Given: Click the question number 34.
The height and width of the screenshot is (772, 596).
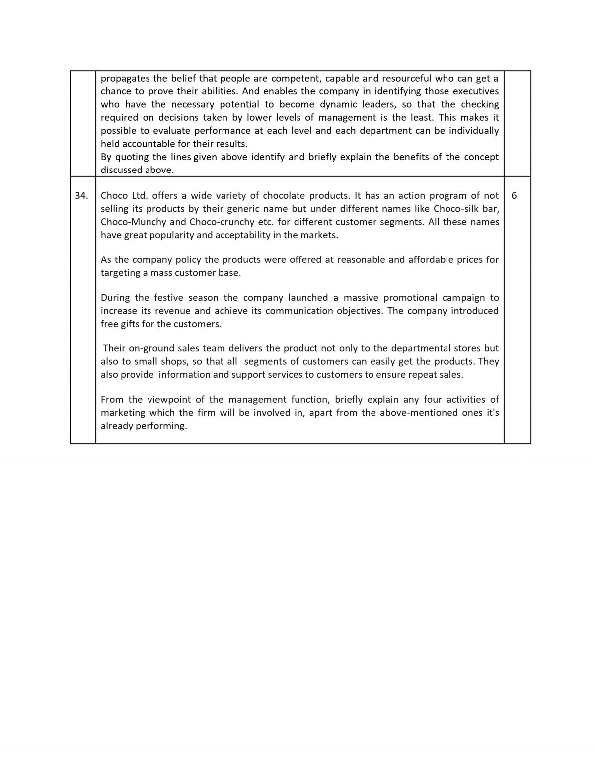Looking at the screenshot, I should point(81,196).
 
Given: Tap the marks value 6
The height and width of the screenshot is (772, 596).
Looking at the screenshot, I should point(514,196).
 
